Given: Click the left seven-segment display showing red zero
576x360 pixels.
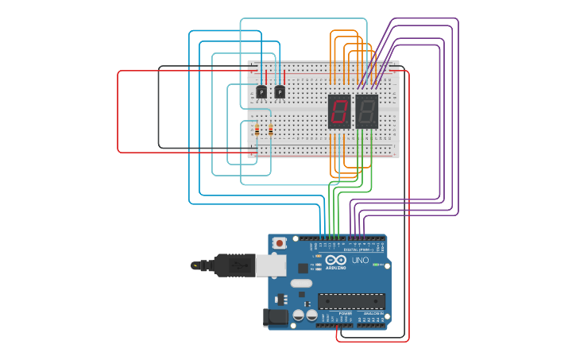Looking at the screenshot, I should pyautogui.click(x=339, y=111).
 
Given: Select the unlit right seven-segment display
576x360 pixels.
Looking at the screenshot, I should pyautogui.click(x=366, y=111).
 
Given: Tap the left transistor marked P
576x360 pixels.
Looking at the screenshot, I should pyautogui.click(x=261, y=92).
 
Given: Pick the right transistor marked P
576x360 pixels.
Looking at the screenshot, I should pyautogui.click(x=280, y=92).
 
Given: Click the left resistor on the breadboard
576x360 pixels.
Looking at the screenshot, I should pyautogui.click(x=257, y=130).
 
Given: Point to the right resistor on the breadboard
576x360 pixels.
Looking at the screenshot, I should pyautogui.click(x=271, y=130).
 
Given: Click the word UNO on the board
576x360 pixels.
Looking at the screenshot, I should pyautogui.click(x=360, y=260).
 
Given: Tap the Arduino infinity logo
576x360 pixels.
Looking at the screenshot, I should pyautogui.click(x=336, y=260).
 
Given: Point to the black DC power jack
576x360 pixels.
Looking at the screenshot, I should pyautogui.click(x=276, y=317).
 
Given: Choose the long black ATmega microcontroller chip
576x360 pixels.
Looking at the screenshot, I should pyautogui.click(x=351, y=301).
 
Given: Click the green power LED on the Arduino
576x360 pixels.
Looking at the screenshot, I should pyautogui.click(x=375, y=264).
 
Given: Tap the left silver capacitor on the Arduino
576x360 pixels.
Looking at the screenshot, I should pyautogui.click(x=299, y=315).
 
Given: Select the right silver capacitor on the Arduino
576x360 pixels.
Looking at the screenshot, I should pyautogui.click(x=311, y=315).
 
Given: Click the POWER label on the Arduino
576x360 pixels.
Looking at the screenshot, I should pyautogui.click(x=345, y=313).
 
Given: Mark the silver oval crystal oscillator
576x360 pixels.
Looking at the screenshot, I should pyautogui.click(x=302, y=283).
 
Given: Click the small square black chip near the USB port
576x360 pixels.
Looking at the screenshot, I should pyautogui.click(x=303, y=268).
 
